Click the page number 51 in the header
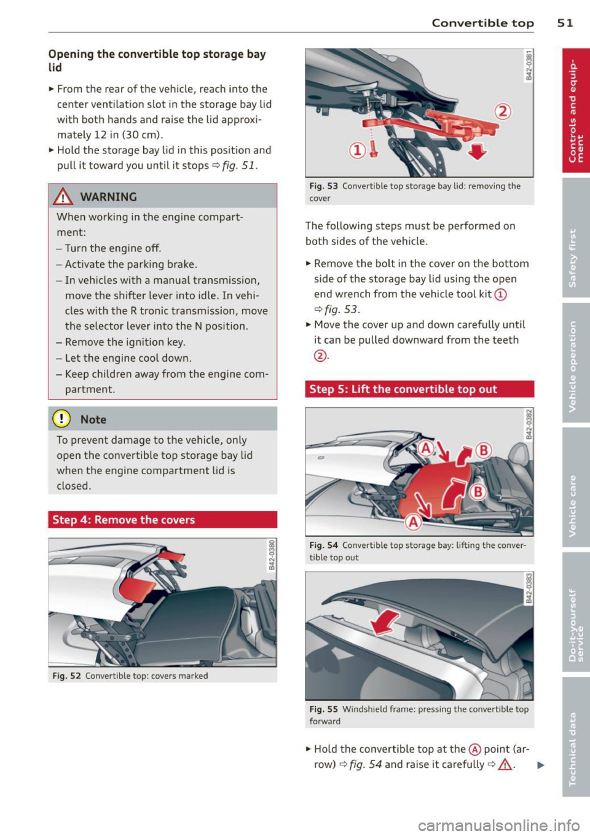[565, 23]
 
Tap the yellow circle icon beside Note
[63, 420]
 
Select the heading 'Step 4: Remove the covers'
[124, 520]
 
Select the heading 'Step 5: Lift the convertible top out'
[403, 389]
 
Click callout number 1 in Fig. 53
[357, 150]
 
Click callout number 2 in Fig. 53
[503, 112]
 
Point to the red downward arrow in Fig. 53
[478, 150]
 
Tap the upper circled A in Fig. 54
[425, 448]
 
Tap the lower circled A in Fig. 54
[413, 522]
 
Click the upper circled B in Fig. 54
[484, 450]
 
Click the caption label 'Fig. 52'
[66, 676]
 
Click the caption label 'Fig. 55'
[323, 709]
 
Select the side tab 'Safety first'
[573, 258]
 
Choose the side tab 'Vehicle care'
[573, 506]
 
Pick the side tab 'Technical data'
[573, 748]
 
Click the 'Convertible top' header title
[482, 23]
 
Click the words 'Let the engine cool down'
[128, 358]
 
